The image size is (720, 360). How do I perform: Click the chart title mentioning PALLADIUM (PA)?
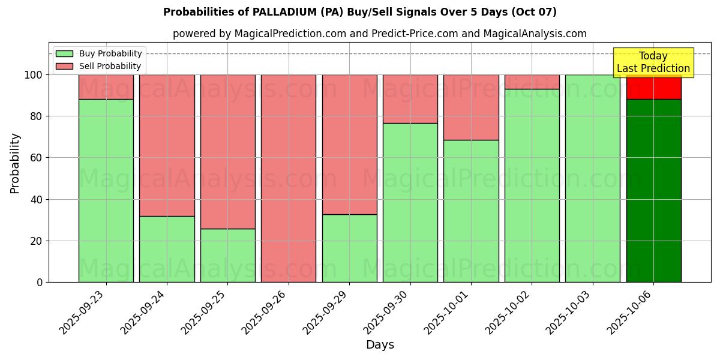359,12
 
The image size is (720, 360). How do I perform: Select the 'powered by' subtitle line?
379,34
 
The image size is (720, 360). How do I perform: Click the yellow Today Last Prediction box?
653,62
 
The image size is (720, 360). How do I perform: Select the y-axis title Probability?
15,163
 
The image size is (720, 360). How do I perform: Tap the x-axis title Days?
380,345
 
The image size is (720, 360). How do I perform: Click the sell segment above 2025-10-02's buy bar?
532,82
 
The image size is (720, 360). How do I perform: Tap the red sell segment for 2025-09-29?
349,144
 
